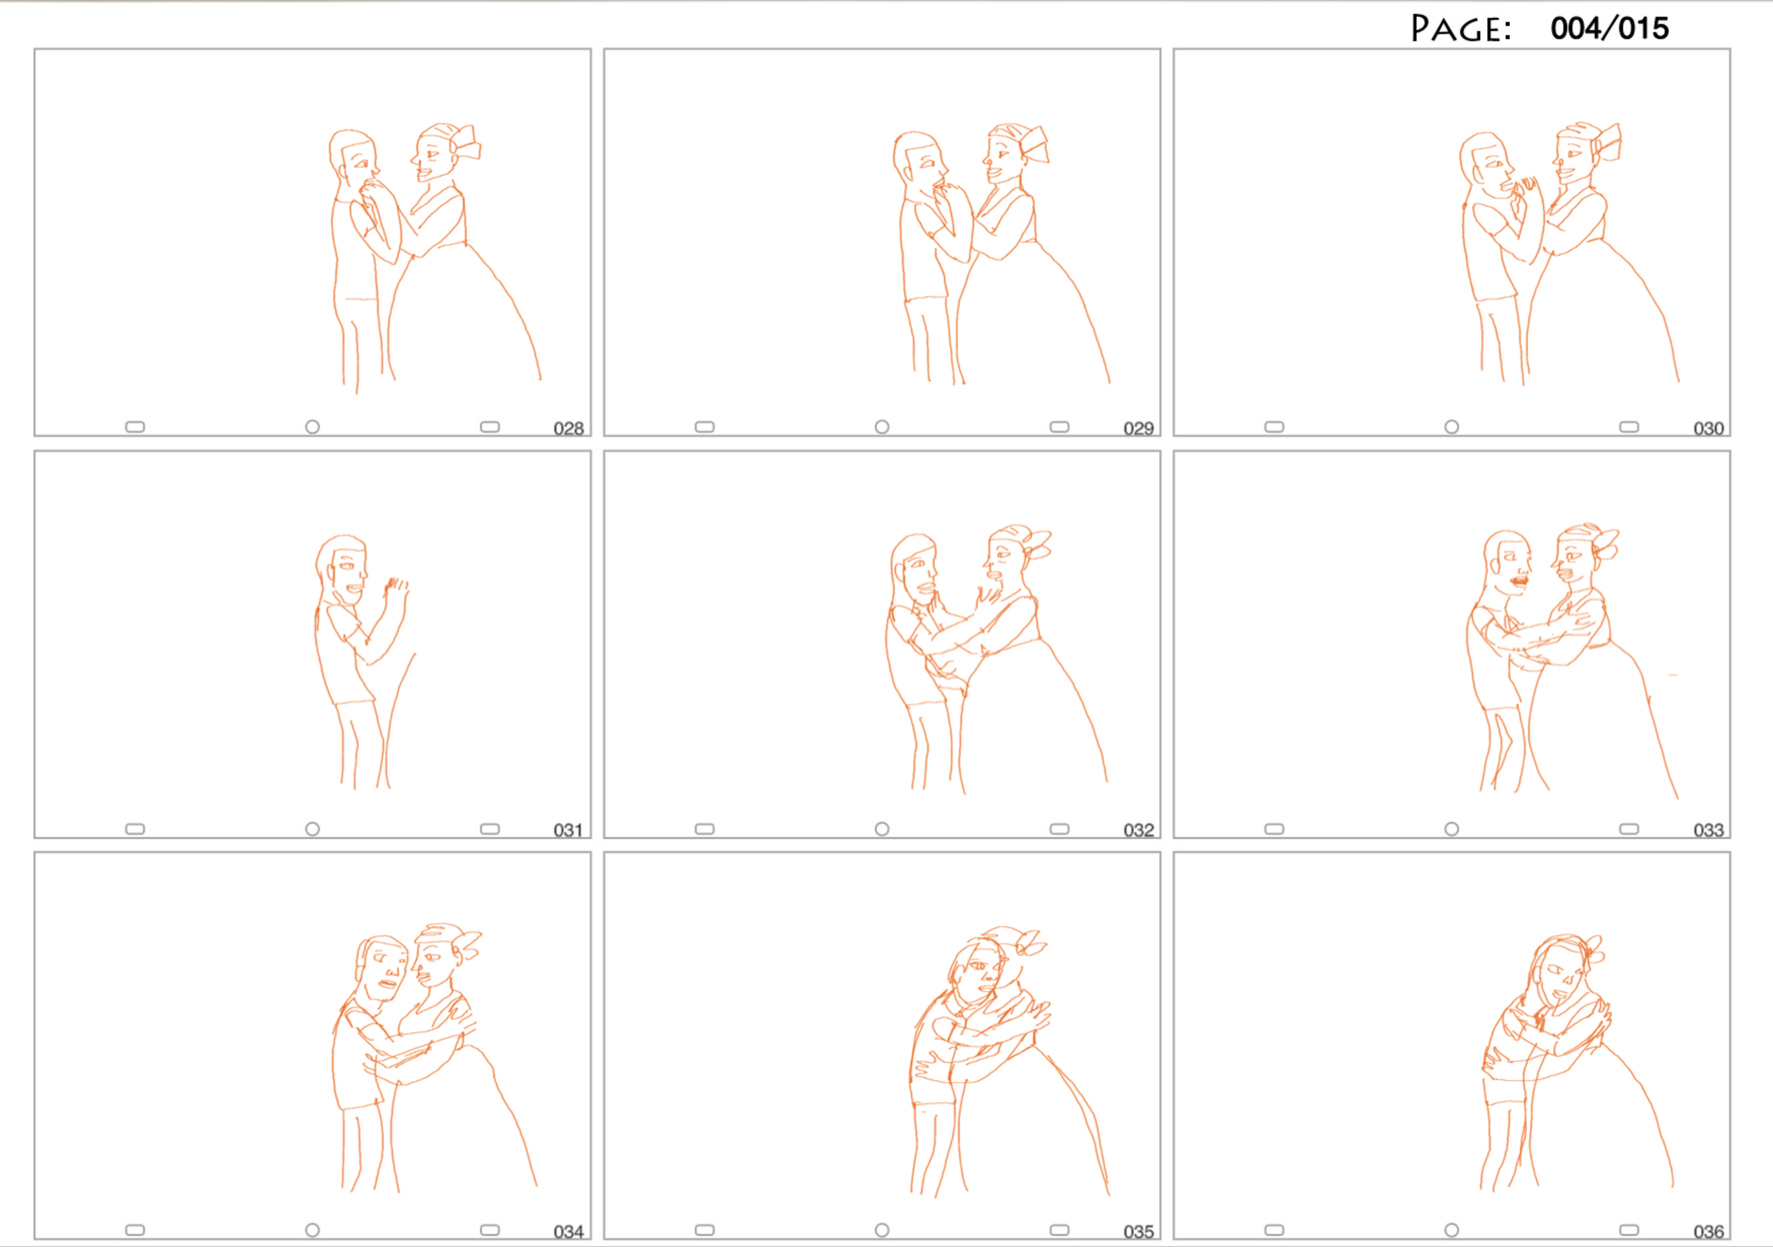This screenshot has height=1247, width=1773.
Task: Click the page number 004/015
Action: click(1609, 29)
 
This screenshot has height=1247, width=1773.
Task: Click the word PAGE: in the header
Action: click(1460, 29)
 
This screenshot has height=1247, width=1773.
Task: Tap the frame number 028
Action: click(568, 429)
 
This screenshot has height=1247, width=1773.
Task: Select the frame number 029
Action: click(1138, 429)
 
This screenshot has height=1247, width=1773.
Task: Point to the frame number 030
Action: click(1708, 429)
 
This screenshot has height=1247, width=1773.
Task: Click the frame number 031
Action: click(568, 830)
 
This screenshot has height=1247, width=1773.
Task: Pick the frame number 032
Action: click(1138, 830)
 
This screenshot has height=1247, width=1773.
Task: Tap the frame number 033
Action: click(1708, 830)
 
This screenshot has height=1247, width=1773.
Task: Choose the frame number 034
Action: click(568, 1232)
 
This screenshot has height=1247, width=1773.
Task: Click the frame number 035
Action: click(1138, 1232)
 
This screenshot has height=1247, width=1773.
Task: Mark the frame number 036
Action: click(1708, 1232)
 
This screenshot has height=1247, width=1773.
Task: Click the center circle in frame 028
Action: click(312, 427)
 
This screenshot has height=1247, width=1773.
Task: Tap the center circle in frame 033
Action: click(1452, 829)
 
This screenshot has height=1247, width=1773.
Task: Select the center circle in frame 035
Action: click(882, 1230)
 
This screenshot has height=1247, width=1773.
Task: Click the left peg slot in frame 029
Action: click(704, 427)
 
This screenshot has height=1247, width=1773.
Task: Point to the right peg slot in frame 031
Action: click(490, 829)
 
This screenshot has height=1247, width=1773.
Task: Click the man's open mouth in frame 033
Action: click(1519, 581)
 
